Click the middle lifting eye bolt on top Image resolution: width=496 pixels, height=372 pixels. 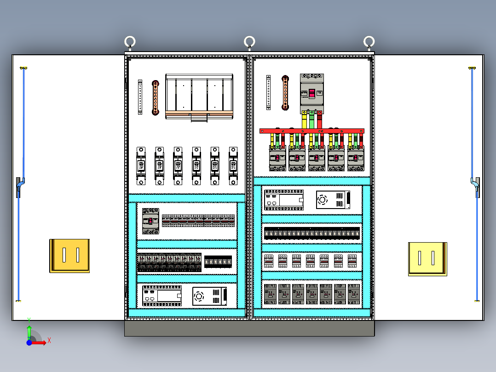coord(249,42)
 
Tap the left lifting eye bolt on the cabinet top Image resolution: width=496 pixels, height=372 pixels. coord(130,42)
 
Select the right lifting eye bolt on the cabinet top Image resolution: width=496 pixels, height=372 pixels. coord(369,42)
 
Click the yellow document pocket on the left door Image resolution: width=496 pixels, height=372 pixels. coord(69,255)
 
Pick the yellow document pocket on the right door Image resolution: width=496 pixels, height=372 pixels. coord(427,259)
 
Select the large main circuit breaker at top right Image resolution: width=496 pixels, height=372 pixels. coord(311,93)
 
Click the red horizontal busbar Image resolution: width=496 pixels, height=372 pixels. coord(311,131)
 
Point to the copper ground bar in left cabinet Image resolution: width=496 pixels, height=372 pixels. coord(156,98)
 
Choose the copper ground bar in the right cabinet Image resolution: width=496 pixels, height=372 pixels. coord(285,93)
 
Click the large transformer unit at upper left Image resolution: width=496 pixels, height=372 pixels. coord(200,97)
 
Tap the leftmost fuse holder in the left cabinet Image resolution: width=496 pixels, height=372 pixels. coord(141,166)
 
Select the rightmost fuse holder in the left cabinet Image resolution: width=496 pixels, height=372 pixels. coord(233,166)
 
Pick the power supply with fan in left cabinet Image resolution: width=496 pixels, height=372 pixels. coord(210,296)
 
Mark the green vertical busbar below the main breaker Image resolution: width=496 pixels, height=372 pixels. coord(311,121)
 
